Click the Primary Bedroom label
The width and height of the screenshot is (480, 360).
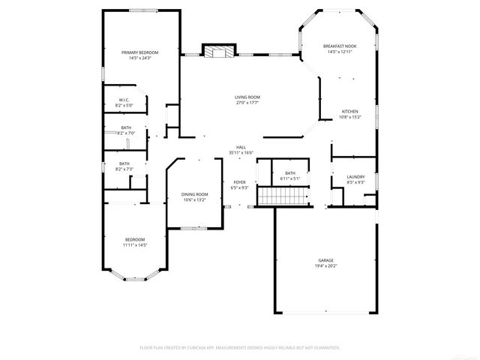point(140,52)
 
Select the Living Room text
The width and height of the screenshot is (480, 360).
point(247,97)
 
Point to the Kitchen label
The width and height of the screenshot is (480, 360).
point(349,111)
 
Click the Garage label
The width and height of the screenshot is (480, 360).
point(325,260)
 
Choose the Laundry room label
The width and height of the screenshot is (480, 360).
point(355,177)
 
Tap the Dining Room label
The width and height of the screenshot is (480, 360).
point(194,194)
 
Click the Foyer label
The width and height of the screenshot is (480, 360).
point(240,182)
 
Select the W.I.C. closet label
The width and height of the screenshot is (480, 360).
point(124,100)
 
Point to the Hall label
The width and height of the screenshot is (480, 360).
point(241,147)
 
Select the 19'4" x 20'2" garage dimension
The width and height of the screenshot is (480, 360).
point(325,265)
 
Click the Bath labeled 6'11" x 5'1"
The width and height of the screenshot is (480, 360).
point(289,175)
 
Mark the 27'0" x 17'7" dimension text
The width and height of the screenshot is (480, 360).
point(247,103)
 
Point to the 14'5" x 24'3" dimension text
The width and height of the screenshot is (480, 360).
point(140,58)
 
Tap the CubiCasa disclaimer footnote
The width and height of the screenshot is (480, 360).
point(240,347)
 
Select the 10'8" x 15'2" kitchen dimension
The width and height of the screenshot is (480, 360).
point(349,117)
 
